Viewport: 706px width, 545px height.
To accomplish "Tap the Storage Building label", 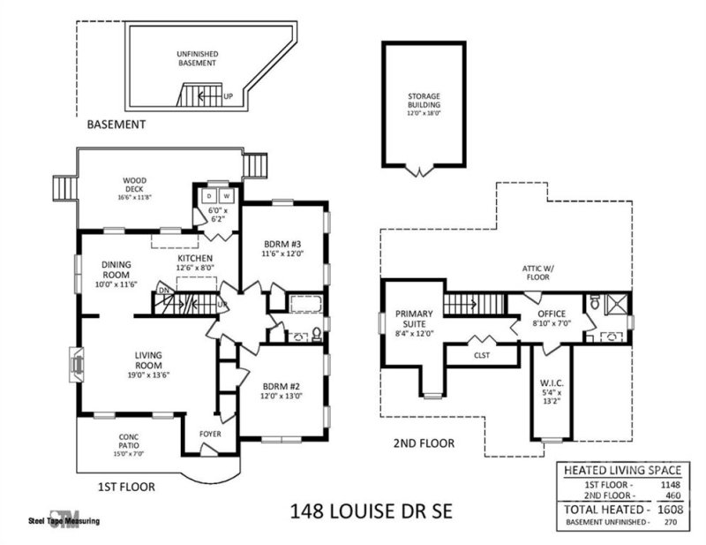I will tap(423, 101).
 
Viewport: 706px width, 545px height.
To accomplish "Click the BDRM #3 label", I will tap(282, 248).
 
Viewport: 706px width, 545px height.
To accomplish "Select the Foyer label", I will tap(210, 435).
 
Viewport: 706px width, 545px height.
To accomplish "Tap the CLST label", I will tap(481, 355).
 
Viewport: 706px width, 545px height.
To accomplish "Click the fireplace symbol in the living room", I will tap(74, 363).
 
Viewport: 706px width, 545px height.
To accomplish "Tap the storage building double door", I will tap(423, 170).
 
